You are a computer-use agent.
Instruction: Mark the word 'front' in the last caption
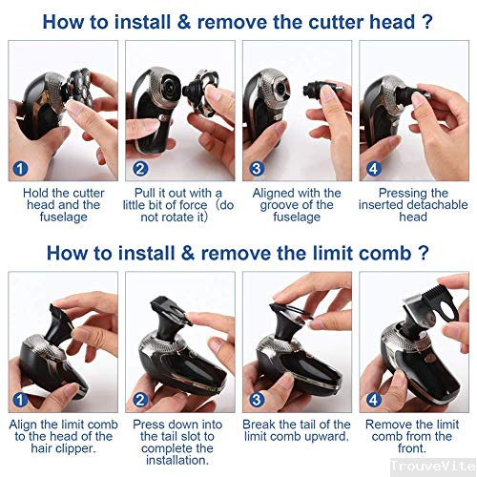[x=413, y=448]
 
